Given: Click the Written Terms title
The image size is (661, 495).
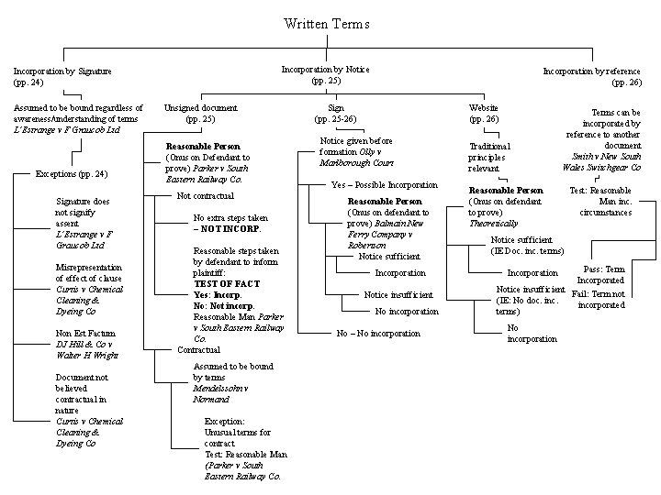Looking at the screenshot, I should pos(320,22).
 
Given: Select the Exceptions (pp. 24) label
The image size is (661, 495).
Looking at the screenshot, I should pos(71,173).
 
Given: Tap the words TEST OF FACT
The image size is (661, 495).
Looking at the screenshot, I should pos(218,284).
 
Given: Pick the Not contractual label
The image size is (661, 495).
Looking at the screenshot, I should pos(206,195).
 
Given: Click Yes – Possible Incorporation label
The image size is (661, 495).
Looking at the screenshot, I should pos(384,184).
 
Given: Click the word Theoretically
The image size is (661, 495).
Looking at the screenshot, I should pos(493,223).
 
